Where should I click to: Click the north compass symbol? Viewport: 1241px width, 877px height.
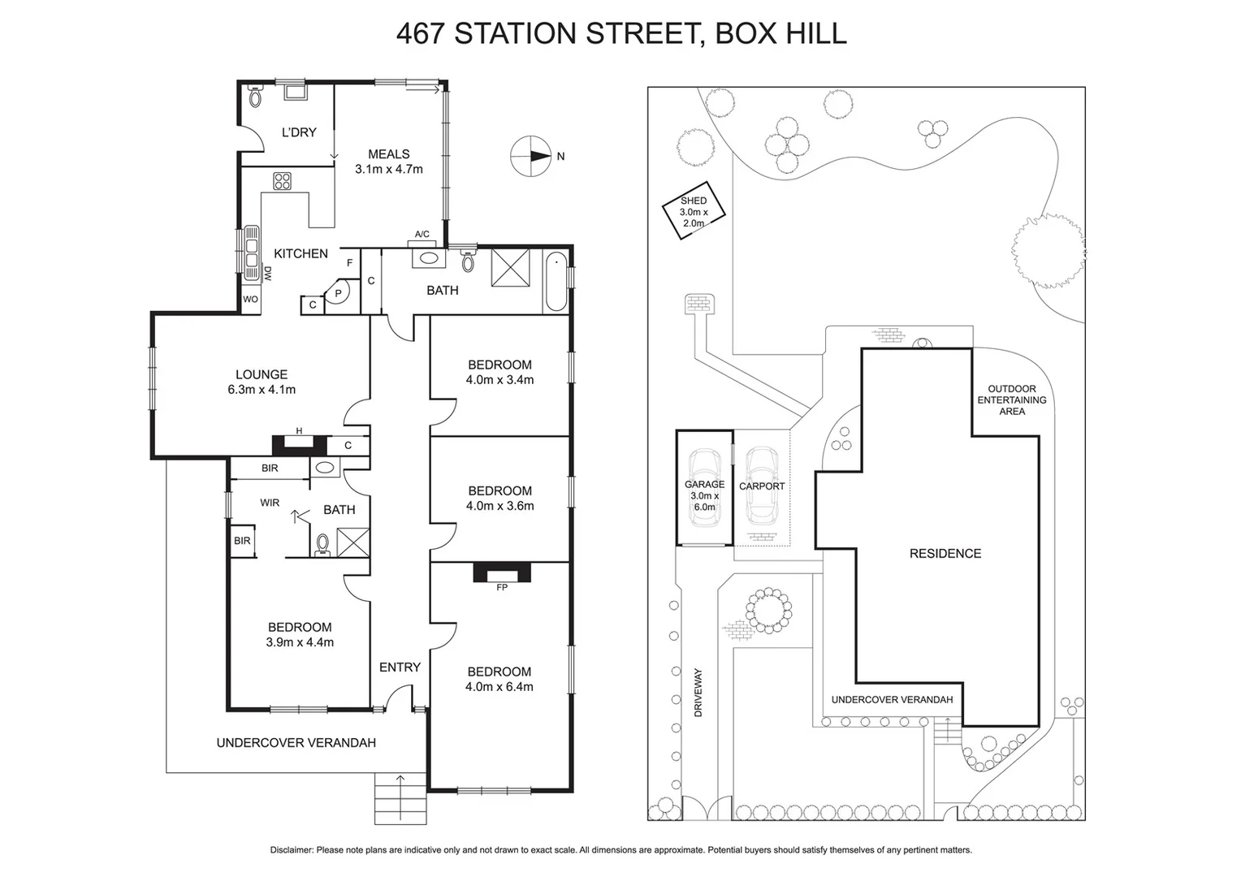[530, 156]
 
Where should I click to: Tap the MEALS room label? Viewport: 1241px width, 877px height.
[388, 154]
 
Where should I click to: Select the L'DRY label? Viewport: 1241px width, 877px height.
[299, 132]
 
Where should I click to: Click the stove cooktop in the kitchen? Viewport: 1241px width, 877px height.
[282, 181]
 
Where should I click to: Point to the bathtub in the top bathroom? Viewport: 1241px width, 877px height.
[556, 282]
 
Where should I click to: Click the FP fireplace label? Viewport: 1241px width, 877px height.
[501, 587]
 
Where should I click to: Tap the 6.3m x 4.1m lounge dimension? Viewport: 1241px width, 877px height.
[262, 390]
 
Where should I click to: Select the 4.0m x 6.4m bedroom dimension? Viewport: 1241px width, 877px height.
[499, 687]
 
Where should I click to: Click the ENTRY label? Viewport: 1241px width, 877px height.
[400, 667]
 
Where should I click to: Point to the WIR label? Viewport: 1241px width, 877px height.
[270, 503]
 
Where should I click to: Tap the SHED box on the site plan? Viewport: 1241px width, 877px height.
[693, 211]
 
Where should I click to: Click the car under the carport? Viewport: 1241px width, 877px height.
[761, 486]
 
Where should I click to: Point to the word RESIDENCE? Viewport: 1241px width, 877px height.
[945, 554]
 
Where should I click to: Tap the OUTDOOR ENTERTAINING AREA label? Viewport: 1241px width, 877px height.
[1011, 400]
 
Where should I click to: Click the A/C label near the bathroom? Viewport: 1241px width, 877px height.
[422, 235]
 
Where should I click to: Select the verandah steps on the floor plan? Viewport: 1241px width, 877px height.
[399, 799]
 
